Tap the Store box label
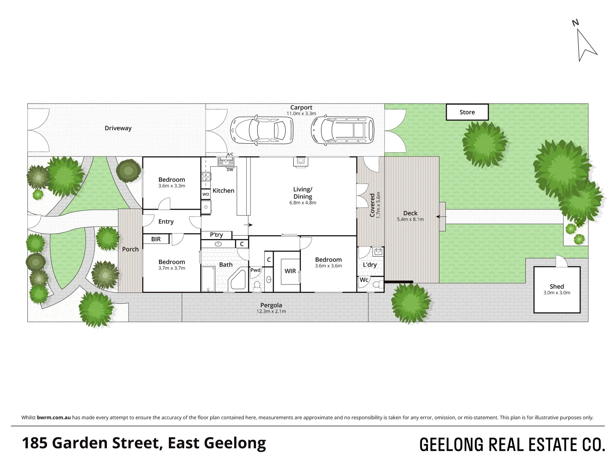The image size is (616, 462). point(467,112)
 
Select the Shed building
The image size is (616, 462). point(557,289)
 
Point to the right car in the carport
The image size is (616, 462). point(342,129)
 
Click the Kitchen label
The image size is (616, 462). point(224,191)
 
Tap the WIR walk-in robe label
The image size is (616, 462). point(290,271)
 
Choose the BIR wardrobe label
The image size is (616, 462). point(156,239)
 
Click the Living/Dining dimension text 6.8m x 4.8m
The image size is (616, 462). point(303,203)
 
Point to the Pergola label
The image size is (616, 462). point(271,305)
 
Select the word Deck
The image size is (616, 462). point(410,213)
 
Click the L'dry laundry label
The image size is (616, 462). point(370,265)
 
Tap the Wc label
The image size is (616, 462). point(364,280)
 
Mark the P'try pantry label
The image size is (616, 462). point(216,235)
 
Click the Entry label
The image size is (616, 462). point(166,222)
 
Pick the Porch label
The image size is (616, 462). point(130,249)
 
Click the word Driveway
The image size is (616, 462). point(118,128)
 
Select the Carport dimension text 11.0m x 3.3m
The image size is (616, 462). point(301,114)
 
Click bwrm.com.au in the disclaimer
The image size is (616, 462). point(54,418)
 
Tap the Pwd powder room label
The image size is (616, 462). point(255,270)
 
